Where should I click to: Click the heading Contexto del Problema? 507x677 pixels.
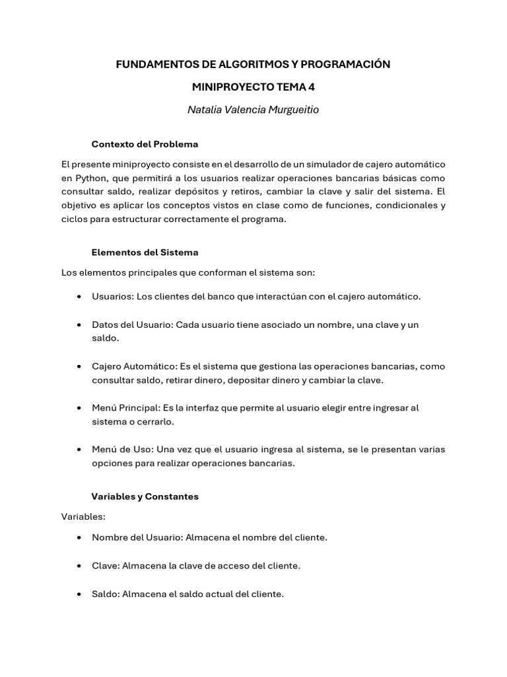[145, 144]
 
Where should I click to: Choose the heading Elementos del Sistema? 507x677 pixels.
[145, 253]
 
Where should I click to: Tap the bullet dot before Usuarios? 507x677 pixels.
[79, 297]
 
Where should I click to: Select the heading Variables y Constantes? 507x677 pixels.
[145, 497]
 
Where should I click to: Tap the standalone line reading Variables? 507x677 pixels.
[83, 516]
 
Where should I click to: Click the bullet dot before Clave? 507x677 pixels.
[79, 566]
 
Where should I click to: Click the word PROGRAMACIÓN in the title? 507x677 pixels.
[345, 64]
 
